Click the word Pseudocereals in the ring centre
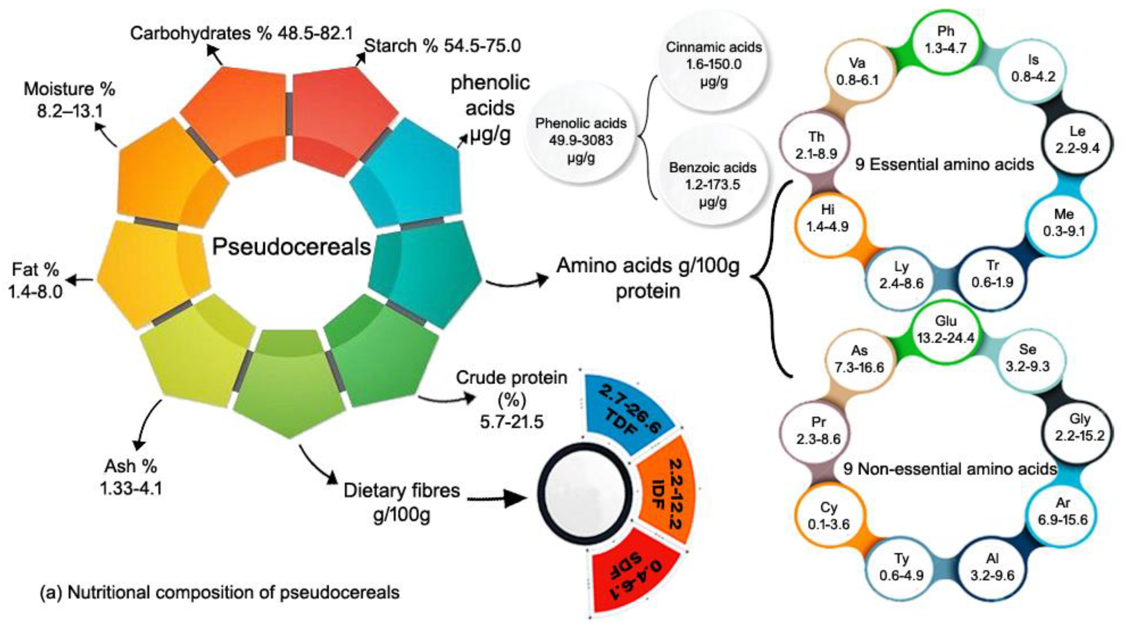(291, 247)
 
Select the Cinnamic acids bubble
(714, 64)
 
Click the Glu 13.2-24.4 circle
(946, 330)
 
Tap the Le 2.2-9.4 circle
(1078, 140)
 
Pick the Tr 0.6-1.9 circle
(992, 274)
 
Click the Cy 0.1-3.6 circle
(828, 516)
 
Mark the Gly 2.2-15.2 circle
(1080, 427)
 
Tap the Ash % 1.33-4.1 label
(131, 477)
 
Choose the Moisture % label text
(69, 89)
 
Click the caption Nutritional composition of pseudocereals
(220, 593)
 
